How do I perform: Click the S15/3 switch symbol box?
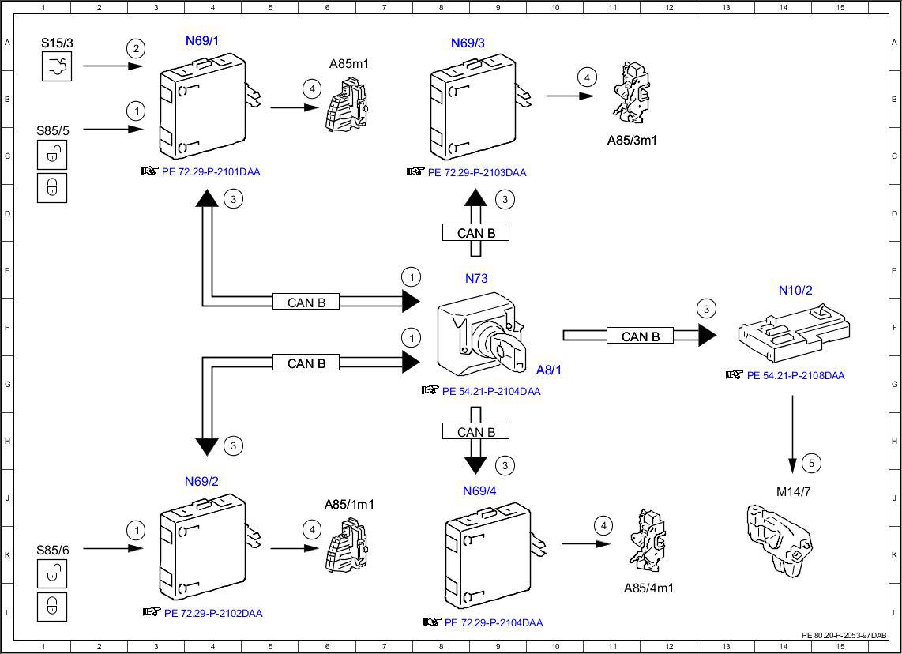(57, 66)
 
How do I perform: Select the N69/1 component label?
(202, 41)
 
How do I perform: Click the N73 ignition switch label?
(476, 278)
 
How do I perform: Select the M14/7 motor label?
(793, 492)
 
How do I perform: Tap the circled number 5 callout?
(811, 463)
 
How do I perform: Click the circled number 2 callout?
(136, 48)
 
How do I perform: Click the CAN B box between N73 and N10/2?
(641, 336)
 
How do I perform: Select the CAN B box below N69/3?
(475, 233)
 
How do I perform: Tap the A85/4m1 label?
(648, 588)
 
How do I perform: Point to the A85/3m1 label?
(632, 141)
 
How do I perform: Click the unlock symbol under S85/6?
(52, 573)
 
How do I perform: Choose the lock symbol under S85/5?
(52, 188)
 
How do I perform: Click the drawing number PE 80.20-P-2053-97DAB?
(844, 636)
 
